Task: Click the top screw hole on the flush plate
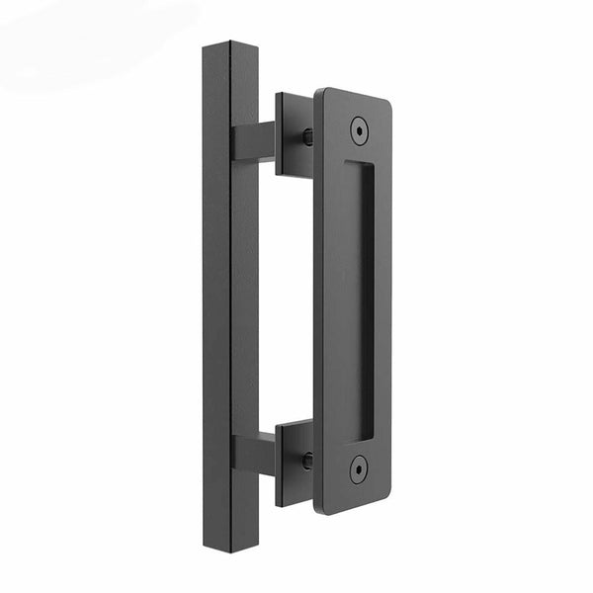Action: (x=358, y=128)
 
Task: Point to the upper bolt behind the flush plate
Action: (x=307, y=137)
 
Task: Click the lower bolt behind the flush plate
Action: (x=307, y=461)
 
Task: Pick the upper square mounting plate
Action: (x=294, y=134)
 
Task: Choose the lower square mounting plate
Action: (x=294, y=463)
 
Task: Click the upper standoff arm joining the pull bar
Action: (x=253, y=142)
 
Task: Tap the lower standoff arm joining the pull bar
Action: (x=253, y=452)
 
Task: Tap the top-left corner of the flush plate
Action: (x=319, y=92)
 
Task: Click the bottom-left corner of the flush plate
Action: (x=318, y=508)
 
